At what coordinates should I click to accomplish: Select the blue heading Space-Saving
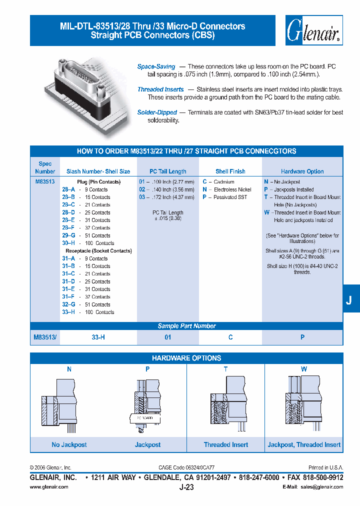tap(156, 66)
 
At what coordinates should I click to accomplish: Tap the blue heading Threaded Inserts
tap(160, 89)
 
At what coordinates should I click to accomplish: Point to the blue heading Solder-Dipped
tap(156, 112)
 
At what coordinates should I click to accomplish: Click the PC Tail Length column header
tap(168, 171)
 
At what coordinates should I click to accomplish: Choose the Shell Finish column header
tap(230, 171)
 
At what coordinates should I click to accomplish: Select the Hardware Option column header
tap(302, 171)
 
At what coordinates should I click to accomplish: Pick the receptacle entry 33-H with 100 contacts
tap(87, 312)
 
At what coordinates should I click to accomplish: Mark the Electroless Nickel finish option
tap(230, 189)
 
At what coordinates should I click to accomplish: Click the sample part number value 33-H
tap(98, 337)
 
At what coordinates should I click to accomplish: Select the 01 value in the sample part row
tap(168, 337)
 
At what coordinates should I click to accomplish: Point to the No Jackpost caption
tap(69, 444)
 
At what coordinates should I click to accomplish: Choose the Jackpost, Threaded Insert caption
tap(304, 444)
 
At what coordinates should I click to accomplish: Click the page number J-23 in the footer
tap(186, 487)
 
